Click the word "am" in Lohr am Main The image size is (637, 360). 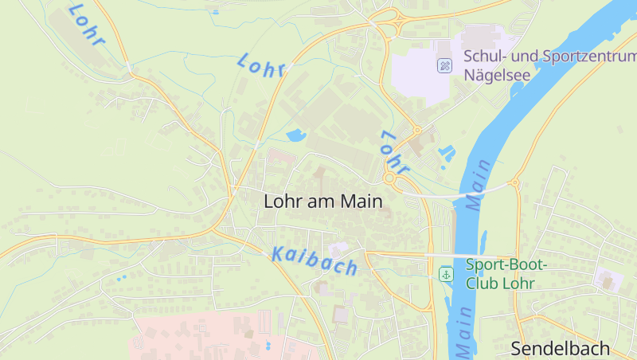(322, 202)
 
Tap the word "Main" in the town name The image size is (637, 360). (361, 202)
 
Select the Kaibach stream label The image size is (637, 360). (315, 260)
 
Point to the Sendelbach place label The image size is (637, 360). (560, 348)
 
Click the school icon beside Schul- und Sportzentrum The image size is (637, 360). (445, 65)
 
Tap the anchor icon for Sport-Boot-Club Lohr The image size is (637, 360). (447, 274)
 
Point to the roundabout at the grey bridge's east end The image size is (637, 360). (514, 183)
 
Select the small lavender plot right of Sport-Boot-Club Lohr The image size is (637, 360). (608, 280)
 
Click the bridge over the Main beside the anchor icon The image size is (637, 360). (446, 255)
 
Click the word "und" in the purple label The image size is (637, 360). (522, 57)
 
